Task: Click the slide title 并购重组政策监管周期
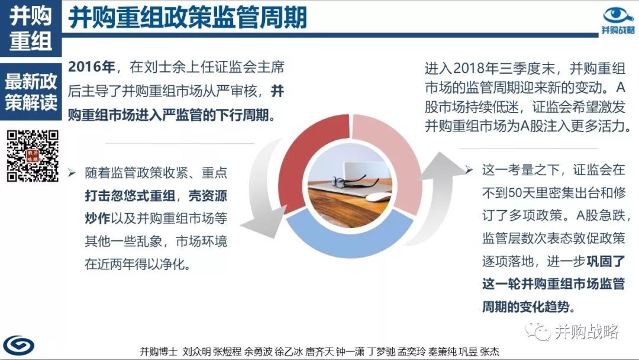(x=188, y=18)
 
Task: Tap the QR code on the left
(x=33, y=155)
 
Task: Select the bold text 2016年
(x=92, y=67)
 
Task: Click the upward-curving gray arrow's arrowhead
(x=442, y=165)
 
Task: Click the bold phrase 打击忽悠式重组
(x=130, y=196)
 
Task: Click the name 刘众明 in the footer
(x=196, y=352)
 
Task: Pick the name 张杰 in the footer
(x=489, y=352)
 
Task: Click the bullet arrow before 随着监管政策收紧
(x=72, y=173)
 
